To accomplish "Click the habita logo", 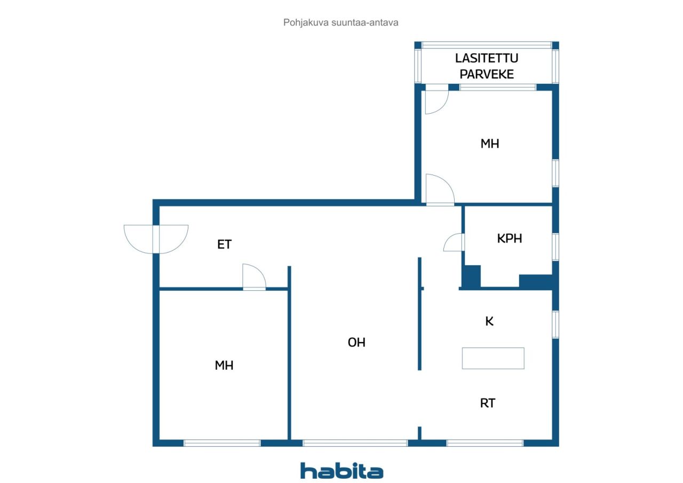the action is coord(341,471).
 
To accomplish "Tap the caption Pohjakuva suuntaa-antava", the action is coord(340,22).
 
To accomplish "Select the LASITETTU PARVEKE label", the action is coord(487,66).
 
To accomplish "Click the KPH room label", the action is coord(510,239).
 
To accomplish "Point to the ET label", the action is coord(225,244).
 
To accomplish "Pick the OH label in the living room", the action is coord(356,343).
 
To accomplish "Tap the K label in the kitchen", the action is coord(489,321).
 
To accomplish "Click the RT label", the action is coord(488,403).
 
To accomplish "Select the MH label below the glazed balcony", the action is coord(490,144).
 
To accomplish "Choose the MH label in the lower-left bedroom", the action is coord(224,365).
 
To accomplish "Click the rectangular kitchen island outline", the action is coord(493,358).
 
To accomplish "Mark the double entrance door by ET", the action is coord(156,239).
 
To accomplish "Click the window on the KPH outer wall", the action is coord(555,247).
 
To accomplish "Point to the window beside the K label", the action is coord(555,324).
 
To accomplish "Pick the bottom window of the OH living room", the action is coord(355,443).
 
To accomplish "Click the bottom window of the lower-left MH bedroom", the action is coord(223,443).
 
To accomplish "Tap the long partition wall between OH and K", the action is coord(419,314).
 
